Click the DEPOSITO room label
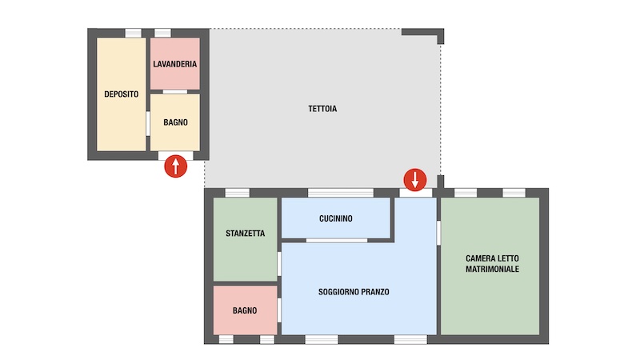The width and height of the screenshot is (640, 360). (122, 94)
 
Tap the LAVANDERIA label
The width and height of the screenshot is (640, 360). (174, 64)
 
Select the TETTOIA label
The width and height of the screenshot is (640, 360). (322, 109)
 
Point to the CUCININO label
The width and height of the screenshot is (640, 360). (335, 218)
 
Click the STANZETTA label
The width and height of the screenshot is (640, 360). (246, 234)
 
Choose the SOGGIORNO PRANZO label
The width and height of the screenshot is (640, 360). (354, 292)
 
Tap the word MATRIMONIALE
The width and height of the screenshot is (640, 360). (492, 269)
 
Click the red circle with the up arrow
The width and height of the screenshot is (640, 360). (175, 166)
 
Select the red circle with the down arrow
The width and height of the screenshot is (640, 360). (415, 179)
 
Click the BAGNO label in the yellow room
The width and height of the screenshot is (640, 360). (175, 122)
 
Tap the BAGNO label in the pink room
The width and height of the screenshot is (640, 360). (245, 310)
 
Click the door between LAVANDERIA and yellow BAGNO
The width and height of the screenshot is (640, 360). (175, 92)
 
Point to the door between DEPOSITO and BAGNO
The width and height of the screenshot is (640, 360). (148, 124)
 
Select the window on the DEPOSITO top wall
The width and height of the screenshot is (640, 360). (133, 33)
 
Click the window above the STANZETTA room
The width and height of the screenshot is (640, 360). (237, 193)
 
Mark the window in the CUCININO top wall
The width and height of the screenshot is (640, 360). (341, 193)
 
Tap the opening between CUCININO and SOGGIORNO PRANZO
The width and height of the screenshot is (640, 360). (337, 241)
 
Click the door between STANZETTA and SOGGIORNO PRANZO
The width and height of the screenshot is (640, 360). (279, 264)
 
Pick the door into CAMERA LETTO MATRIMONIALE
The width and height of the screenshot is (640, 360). (438, 233)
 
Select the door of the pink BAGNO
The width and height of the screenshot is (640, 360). (279, 310)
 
